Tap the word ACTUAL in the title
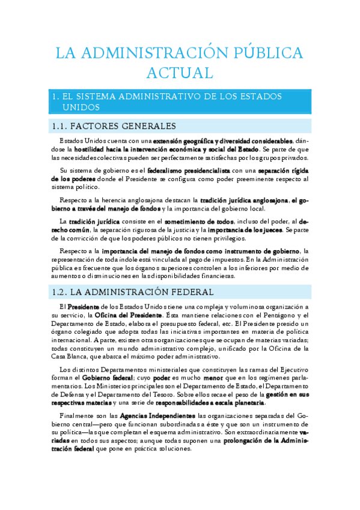pos(180,73)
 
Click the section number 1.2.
pos(59,292)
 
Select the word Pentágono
pos(277,315)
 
